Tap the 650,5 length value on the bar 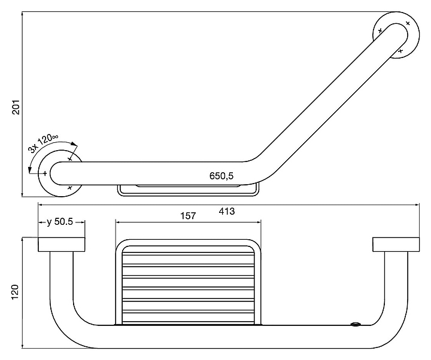pos(221,176)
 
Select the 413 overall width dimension pos(227,211)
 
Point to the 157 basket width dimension pos(188,216)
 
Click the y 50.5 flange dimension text pos(60,222)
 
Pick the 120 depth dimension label pos(14,292)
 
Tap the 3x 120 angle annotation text pos(43,143)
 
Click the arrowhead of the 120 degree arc pos(74,144)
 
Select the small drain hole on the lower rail pos(355,324)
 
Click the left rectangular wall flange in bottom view pos(62,245)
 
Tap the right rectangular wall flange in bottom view pos(396,245)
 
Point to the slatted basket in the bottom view pos(189,282)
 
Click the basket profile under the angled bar pos(189,190)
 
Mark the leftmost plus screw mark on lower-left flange pos(45,173)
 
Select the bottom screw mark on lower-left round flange pos(70,188)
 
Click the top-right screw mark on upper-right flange pos(408,23)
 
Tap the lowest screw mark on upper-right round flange pos(400,51)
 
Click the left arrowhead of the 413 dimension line pos(40,205)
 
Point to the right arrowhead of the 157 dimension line pos(259,222)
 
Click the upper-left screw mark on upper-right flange pos(380,30)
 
